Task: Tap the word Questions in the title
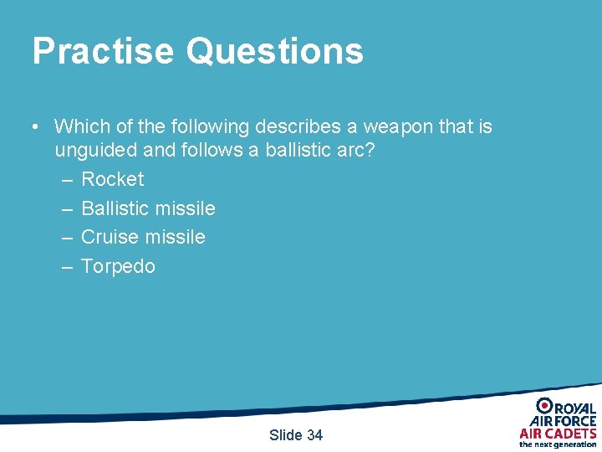tap(275, 51)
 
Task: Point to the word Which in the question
tap(79, 127)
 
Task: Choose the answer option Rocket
tap(112, 179)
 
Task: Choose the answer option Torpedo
tap(118, 266)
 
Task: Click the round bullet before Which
tap(33, 128)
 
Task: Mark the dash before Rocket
tap(66, 180)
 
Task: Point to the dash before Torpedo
tap(66, 267)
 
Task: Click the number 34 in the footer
tap(314, 434)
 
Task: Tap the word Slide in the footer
tap(286, 434)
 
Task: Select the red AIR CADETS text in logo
tap(558, 433)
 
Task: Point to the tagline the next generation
tap(558, 444)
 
